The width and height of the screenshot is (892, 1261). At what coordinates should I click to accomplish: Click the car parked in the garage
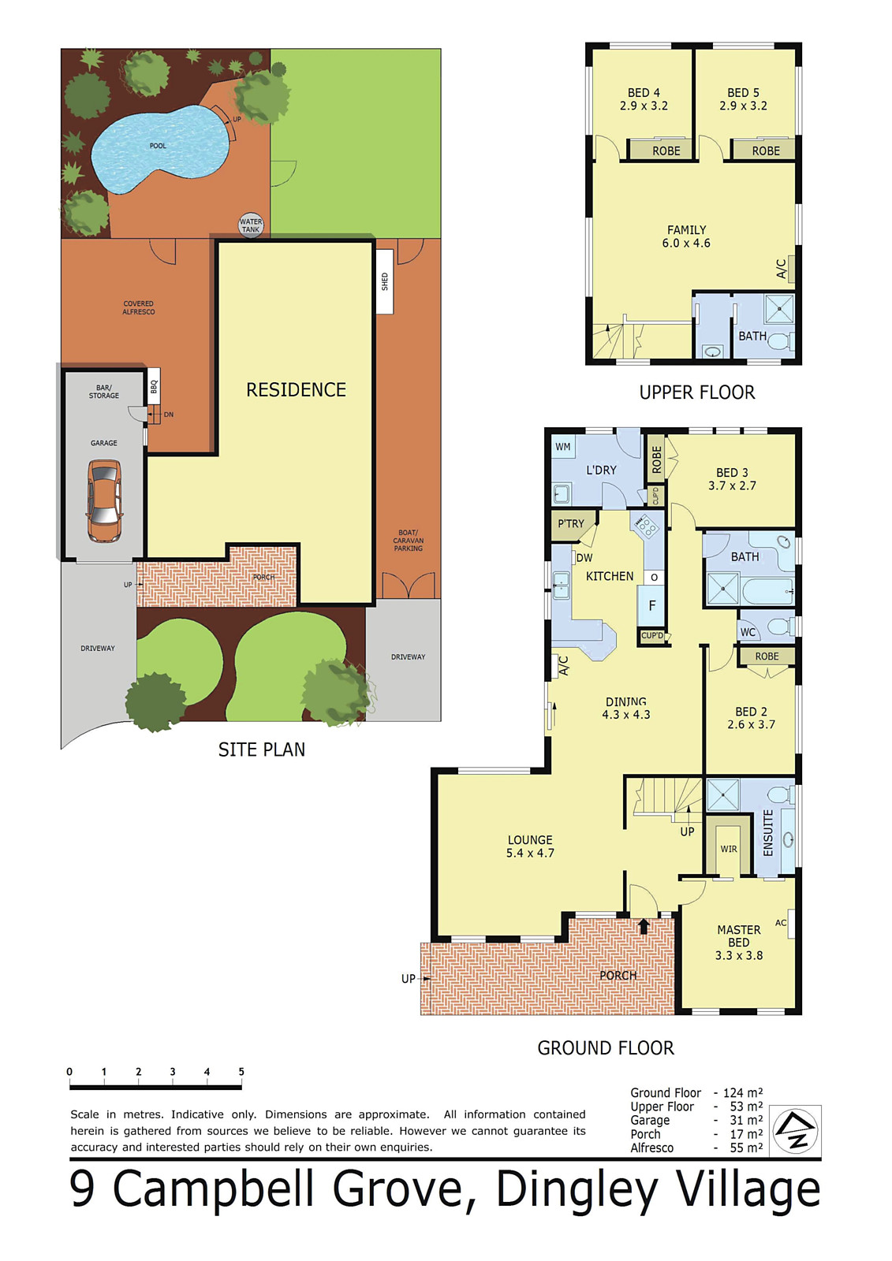(x=104, y=501)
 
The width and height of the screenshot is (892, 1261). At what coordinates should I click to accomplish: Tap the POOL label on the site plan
(x=158, y=146)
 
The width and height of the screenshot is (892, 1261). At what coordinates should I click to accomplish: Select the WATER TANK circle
(x=251, y=225)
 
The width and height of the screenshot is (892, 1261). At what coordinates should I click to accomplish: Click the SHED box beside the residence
(x=385, y=281)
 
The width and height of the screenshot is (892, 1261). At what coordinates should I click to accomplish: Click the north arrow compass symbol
(x=796, y=1131)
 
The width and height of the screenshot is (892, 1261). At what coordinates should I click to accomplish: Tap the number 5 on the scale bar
(x=241, y=1072)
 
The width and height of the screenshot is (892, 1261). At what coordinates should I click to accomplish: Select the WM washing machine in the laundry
(x=563, y=447)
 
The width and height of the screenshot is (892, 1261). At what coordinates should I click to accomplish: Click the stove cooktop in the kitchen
(x=647, y=525)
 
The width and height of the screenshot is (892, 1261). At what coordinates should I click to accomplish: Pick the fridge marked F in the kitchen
(x=651, y=606)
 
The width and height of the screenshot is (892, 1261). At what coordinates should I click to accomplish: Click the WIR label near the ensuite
(x=729, y=849)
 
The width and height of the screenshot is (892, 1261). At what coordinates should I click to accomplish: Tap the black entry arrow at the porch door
(x=644, y=925)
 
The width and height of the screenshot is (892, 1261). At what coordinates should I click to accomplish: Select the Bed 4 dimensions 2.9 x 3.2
(x=644, y=106)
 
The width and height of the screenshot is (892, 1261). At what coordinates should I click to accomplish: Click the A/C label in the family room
(x=782, y=269)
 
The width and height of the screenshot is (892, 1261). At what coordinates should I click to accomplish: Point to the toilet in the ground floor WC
(x=778, y=627)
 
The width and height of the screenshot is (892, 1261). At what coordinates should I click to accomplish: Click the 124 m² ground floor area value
(x=742, y=1093)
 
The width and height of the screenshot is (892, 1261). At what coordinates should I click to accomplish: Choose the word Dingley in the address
(x=577, y=1190)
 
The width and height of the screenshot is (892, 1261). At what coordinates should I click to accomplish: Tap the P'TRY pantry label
(x=571, y=523)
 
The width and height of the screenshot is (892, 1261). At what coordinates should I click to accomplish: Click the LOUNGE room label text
(x=530, y=840)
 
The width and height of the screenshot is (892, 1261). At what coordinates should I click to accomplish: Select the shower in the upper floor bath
(x=779, y=309)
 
